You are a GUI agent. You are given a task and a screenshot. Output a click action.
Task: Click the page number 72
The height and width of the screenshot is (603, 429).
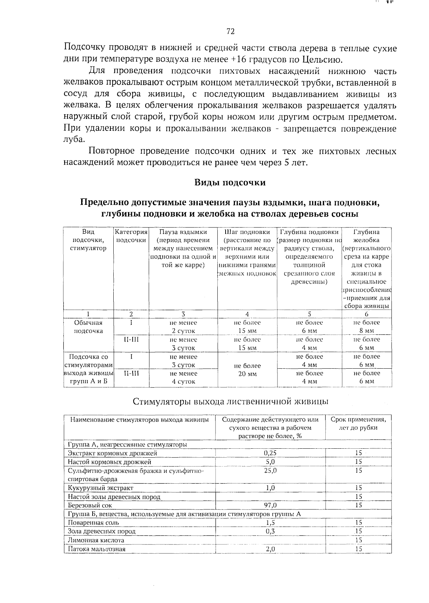click(x=230, y=32)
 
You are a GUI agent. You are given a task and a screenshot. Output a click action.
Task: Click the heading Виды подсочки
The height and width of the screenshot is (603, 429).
click(x=230, y=183)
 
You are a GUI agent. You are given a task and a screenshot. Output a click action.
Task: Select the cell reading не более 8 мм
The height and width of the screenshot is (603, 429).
click(x=366, y=327)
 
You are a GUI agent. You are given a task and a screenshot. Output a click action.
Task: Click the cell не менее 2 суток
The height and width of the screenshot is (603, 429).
click(x=183, y=327)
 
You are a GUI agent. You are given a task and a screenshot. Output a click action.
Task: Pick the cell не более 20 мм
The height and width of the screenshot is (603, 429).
click(x=247, y=370)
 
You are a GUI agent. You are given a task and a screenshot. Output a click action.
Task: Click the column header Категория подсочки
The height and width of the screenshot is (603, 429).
click(x=131, y=236)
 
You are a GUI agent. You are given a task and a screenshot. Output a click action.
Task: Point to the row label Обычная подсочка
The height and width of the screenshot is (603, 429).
click(x=88, y=327)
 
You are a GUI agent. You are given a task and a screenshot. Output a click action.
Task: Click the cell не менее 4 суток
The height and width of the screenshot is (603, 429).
click(x=183, y=377)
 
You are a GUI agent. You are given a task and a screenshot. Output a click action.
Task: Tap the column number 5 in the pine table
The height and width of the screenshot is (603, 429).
click(x=309, y=314)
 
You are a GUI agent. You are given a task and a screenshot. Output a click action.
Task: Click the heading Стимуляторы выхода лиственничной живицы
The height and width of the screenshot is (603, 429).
click(x=231, y=401)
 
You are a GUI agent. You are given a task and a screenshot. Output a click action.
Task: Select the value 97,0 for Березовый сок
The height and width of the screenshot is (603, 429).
click(x=270, y=505)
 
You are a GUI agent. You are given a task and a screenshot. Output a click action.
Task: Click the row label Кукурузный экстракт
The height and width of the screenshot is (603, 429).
click(x=100, y=488)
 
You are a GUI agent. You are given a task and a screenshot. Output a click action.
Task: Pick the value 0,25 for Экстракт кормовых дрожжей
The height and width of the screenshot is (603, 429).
click(x=270, y=453)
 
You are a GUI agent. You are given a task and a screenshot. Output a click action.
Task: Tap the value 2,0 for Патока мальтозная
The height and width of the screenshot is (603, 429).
click(x=270, y=549)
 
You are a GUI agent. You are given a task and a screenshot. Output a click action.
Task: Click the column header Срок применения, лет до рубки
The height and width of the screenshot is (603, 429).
click(x=358, y=423)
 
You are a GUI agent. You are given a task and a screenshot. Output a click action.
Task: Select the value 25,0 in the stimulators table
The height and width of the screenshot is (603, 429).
click(x=270, y=470)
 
